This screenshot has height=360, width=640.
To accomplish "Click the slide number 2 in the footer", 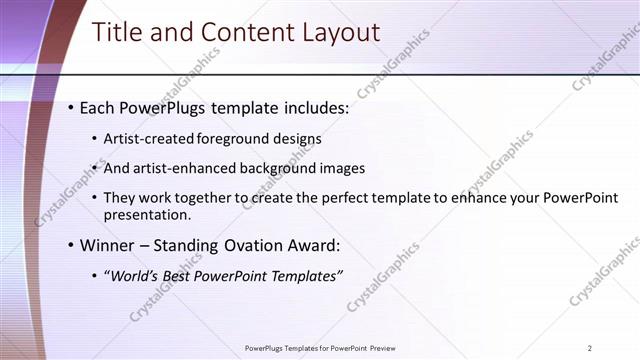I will pyautogui.click(x=590, y=348).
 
